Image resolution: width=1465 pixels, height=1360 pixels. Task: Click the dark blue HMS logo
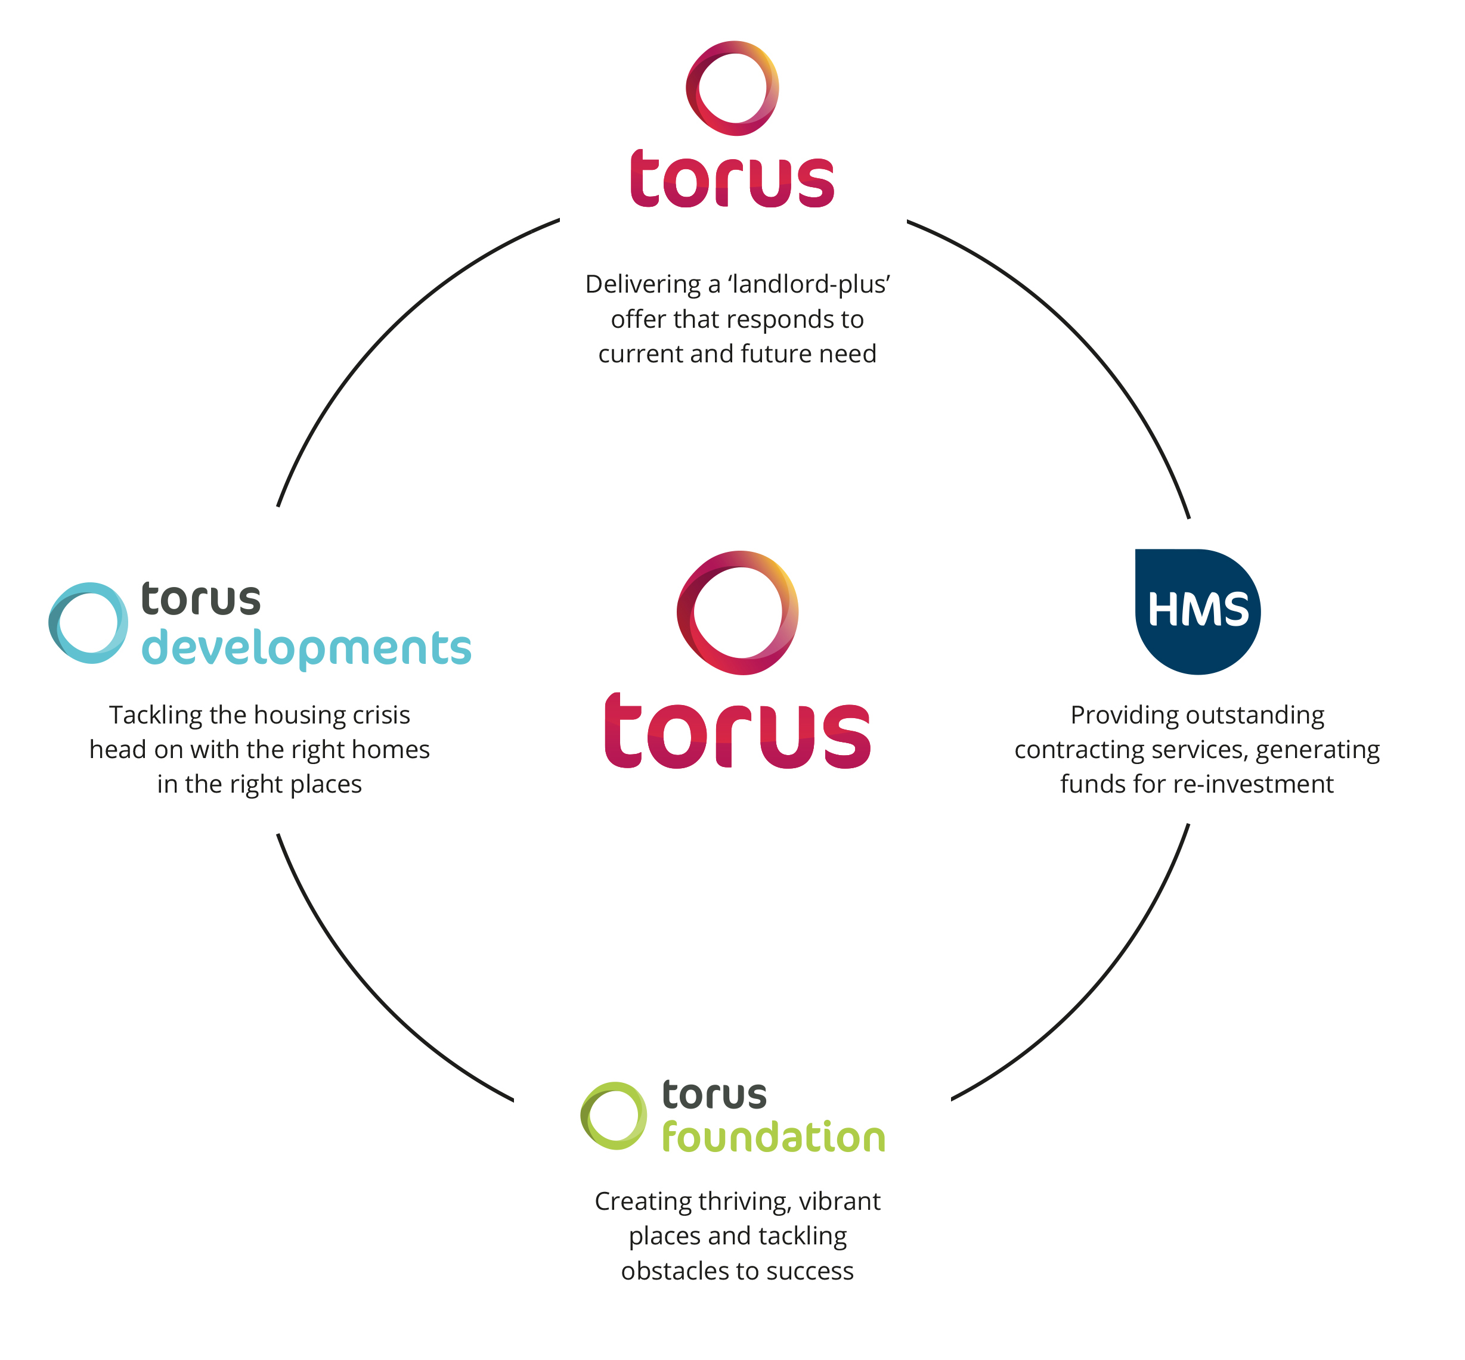1197,611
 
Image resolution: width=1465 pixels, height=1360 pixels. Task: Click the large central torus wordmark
737,731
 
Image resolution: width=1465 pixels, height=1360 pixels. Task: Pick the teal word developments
305,648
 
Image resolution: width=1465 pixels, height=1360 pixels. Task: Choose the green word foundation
773,1138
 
